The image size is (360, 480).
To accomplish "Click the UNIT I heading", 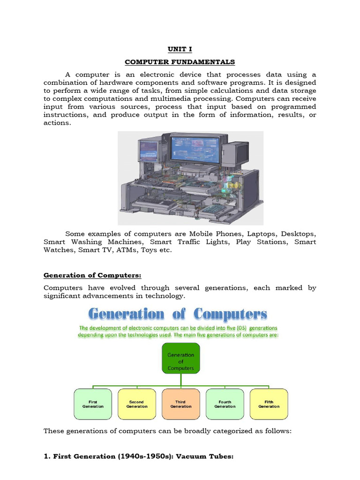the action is [180, 48].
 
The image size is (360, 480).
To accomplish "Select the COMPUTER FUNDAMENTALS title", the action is [180, 62].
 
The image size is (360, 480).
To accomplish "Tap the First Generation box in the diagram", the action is [93, 404].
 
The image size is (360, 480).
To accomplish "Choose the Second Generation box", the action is [137, 404].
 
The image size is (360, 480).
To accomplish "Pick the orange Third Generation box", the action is [181, 404].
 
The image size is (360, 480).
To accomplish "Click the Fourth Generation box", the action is [225, 404].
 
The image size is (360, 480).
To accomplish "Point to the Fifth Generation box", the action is [269, 404].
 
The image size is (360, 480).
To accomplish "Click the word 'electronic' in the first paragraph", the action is [154, 75].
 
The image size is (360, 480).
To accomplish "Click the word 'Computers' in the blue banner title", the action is [230, 314].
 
